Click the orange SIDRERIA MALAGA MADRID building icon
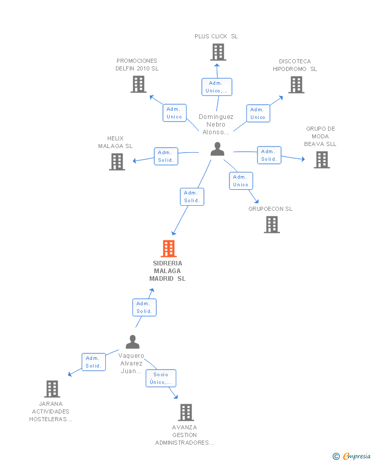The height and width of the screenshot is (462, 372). [x=169, y=249]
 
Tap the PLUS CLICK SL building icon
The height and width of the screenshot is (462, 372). [x=218, y=52]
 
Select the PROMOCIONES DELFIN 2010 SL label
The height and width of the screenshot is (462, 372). [x=137, y=64]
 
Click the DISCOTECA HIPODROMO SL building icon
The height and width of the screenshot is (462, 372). [x=296, y=85]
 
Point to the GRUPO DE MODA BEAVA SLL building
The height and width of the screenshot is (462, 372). [x=322, y=160]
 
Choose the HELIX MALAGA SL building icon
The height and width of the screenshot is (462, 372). [x=117, y=162]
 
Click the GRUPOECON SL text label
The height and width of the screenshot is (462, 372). [x=270, y=209]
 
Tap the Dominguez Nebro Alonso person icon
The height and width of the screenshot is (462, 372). [x=217, y=149]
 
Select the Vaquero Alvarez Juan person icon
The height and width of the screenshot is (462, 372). [x=132, y=342]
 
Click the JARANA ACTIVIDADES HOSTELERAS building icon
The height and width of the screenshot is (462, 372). [x=52, y=389]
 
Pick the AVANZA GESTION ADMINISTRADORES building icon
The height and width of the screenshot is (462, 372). [x=186, y=412]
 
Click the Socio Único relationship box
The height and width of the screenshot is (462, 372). [x=161, y=378]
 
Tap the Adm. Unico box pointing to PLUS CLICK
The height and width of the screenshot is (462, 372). [x=217, y=87]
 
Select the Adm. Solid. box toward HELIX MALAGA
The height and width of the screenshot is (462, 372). [x=166, y=156]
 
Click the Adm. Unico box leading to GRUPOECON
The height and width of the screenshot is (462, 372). [x=241, y=181]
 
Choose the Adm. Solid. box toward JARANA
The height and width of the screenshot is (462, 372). [x=94, y=362]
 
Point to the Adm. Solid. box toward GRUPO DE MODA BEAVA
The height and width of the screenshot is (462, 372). [x=269, y=155]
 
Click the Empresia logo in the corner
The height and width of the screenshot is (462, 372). [x=352, y=456]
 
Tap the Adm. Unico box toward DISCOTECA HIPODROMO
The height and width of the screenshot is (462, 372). [x=258, y=113]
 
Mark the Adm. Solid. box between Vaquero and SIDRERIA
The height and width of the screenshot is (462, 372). [x=144, y=307]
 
